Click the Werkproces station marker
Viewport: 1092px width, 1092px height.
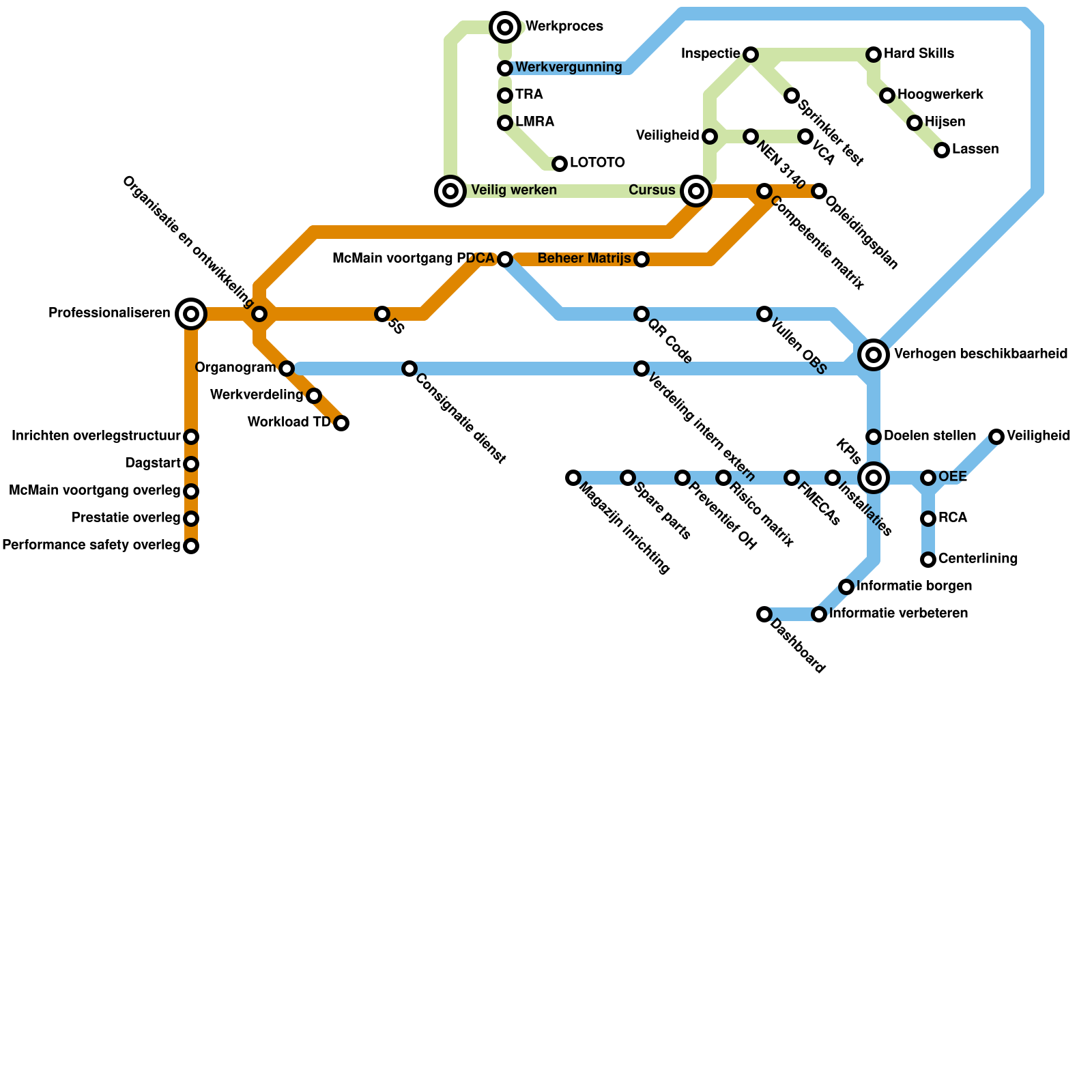(x=505, y=27)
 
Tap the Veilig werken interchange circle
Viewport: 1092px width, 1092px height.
(x=450, y=191)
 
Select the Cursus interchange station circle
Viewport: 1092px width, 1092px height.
(x=696, y=191)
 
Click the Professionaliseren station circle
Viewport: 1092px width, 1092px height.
(x=191, y=314)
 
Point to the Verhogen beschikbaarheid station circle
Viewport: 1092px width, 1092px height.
(x=874, y=355)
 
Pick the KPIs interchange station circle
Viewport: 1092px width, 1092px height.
(x=874, y=478)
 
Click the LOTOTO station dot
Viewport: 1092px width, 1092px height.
(x=560, y=164)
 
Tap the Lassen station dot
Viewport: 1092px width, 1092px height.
(x=942, y=150)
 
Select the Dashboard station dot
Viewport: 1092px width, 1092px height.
(x=764, y=614)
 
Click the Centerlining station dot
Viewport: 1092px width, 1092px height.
(x=928, y=560)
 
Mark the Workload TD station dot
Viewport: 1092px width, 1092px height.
(x=341, y=423)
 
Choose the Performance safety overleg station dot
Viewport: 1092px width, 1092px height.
(x=191, y=546)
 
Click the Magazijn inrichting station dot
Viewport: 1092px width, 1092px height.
(x=573, y=478)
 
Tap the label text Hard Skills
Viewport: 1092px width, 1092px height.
(x=919, y=54)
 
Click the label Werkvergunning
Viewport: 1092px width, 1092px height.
(x=569, y=68)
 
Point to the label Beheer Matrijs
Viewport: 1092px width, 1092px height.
(x=584, y=259)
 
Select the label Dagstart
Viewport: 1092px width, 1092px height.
(x=153, y=463)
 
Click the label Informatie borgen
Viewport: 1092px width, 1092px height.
(x=914, y=586)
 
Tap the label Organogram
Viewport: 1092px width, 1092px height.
(x=235, y=368)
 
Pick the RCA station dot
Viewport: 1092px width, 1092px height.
(x=928, y=519)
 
